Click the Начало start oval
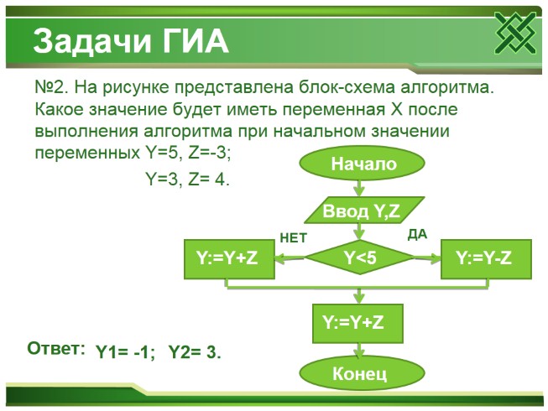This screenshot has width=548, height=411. [363, 164]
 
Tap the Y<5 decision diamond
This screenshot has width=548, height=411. [360, 260]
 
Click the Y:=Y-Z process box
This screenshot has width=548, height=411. [484, 260]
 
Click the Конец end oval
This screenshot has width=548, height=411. [358, 372]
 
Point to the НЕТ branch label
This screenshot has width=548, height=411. [293, 238]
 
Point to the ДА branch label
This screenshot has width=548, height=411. [417, 235]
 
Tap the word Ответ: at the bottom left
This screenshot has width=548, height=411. [56, 349]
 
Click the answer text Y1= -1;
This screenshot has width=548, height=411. [126, 352]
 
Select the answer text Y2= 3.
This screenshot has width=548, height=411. [195, 352]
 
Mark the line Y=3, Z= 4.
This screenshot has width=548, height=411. [187, 179]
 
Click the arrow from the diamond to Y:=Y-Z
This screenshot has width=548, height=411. [428, 260]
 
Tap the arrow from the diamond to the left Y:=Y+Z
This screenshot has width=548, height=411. [291, 260]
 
